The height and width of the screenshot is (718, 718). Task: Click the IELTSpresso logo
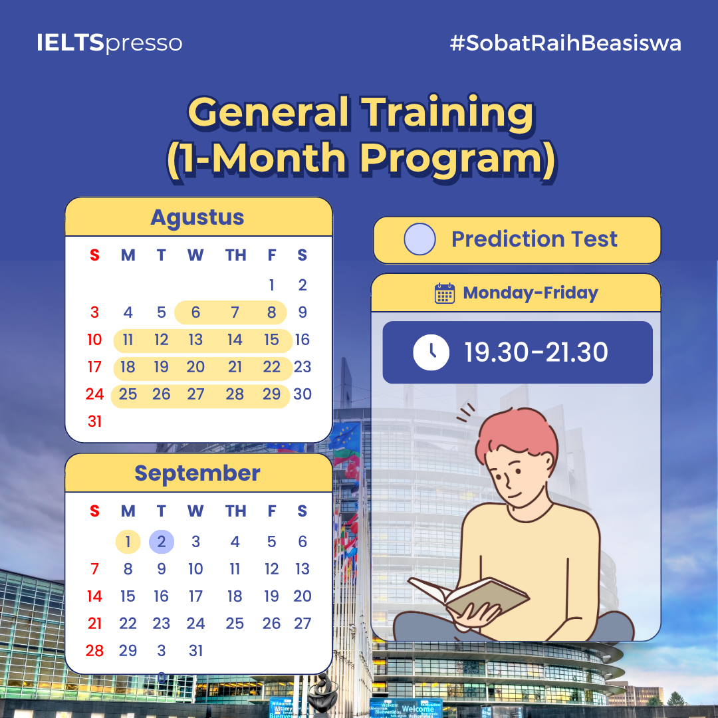[x=110, y=43]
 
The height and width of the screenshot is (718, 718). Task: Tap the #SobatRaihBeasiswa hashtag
[x=566, y=43]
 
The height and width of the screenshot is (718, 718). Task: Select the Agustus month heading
[x=197, y=217]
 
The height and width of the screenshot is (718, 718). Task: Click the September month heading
[x=197, y=473]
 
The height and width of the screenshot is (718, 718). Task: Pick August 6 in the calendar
[x=195, y=312]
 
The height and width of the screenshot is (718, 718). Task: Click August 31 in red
[x=95, y=421]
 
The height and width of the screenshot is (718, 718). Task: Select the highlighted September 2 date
[x=161, y=542]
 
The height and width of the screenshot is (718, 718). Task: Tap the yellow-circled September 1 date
[x=128, y=542]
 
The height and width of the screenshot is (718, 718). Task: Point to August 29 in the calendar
[x=271, y=394]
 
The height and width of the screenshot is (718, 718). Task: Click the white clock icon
[x=431, y=352]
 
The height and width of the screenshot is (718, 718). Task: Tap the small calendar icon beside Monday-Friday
[x=444, y=293]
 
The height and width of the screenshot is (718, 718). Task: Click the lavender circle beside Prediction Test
[x=419, y=239]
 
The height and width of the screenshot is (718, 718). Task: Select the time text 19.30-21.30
[x=537, y=352]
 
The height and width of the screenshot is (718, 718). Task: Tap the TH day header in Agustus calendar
[x=235, y=255]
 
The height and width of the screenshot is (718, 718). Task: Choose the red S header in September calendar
[x=95, y=511]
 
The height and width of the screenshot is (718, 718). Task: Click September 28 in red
[x=95, y=651]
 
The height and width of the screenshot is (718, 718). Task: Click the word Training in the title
[x=448, y=113]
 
